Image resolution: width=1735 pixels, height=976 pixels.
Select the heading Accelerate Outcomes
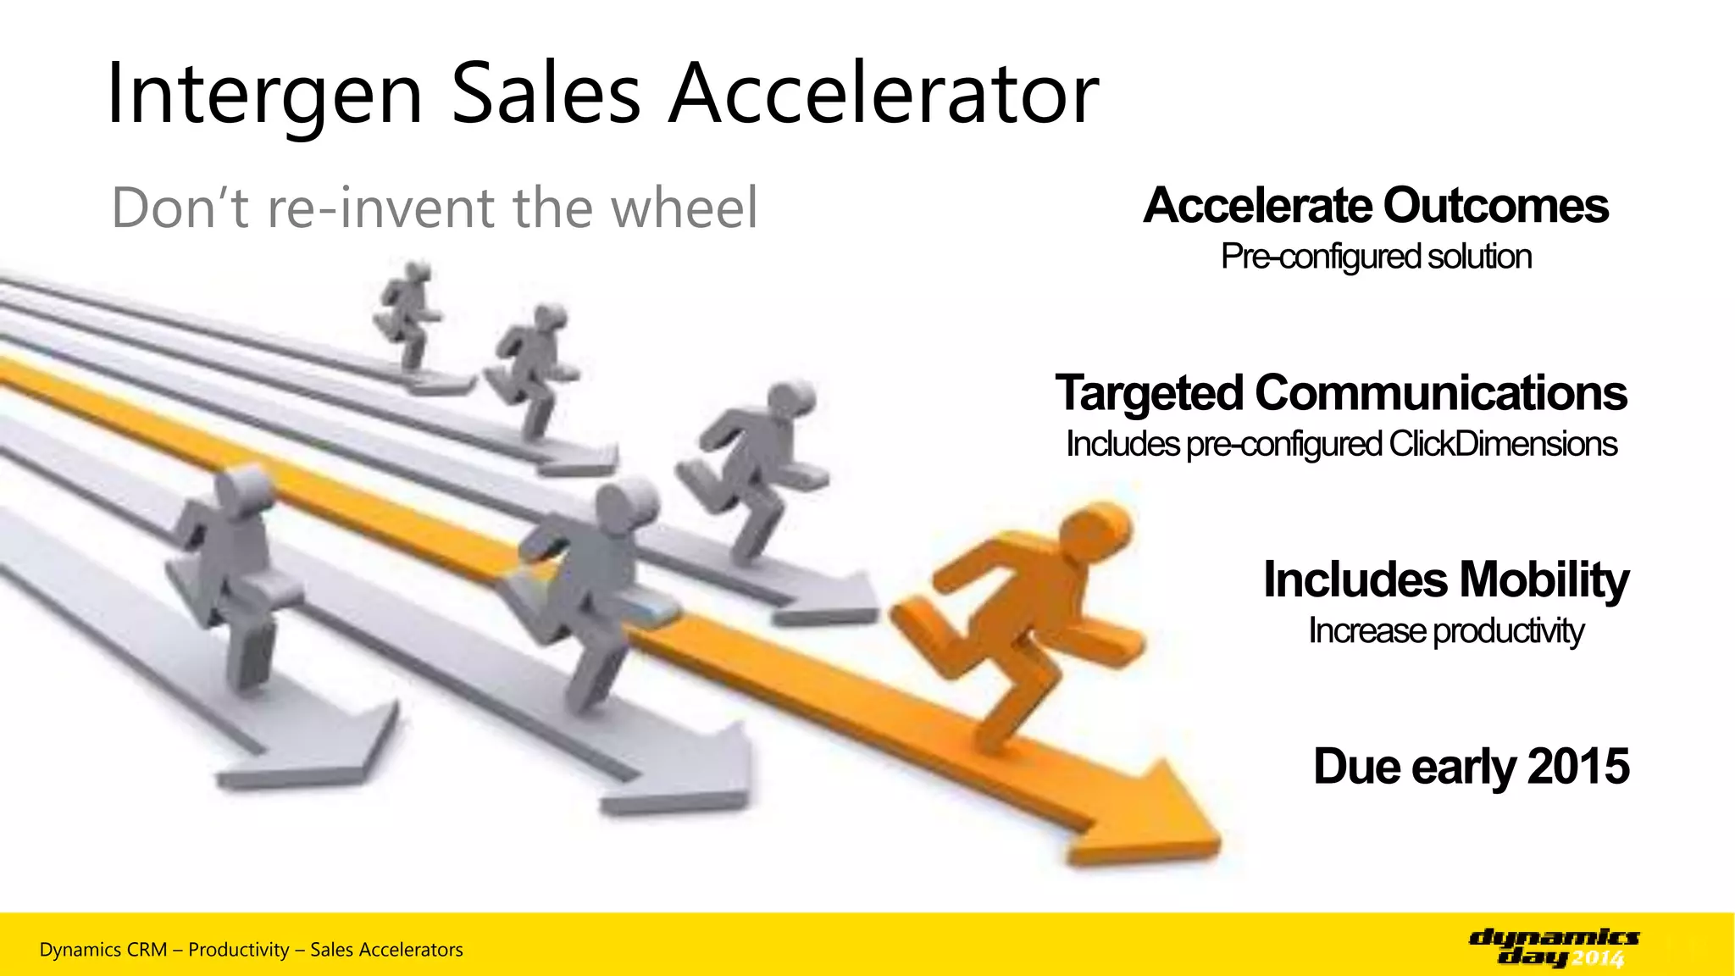1376,206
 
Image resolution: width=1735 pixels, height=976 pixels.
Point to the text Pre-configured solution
1376,257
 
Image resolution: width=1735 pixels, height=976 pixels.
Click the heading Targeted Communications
1341,393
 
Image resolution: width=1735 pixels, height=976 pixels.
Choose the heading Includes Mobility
1445,580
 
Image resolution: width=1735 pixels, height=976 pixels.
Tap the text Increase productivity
1445,631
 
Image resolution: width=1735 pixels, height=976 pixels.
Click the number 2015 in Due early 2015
1577,767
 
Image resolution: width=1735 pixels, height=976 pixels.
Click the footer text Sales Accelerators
386,950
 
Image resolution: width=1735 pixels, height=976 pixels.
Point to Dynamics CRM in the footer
103,950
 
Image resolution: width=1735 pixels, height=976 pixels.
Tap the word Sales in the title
546,95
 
